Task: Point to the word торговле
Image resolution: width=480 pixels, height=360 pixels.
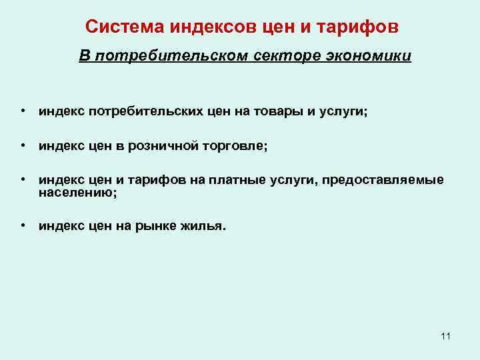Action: point(233,147)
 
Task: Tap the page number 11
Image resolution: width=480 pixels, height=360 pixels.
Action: point(445,335)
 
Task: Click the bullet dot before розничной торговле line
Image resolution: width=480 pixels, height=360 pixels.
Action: point(23,146)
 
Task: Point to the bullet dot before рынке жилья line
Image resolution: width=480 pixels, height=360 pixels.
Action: point(23,225)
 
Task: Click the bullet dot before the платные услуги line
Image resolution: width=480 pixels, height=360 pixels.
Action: point(23,180)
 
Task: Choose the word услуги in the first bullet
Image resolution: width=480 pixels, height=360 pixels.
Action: point(343,113)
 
